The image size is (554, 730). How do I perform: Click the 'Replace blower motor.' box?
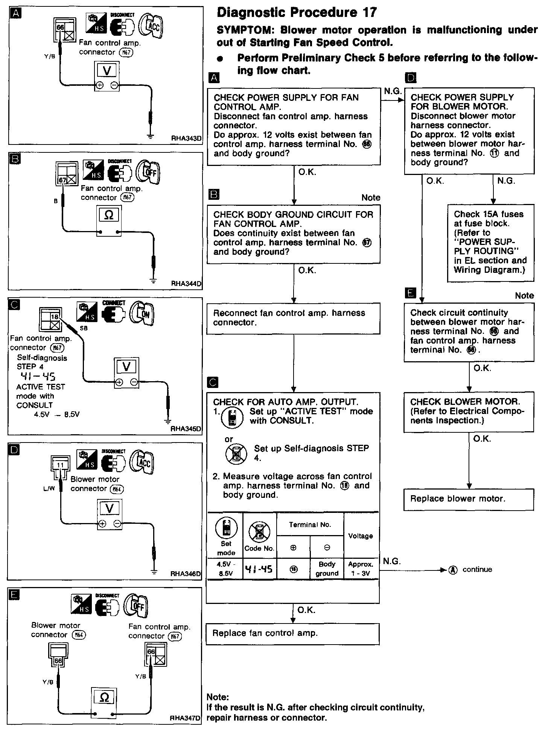469,499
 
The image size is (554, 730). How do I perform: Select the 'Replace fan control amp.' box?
292,634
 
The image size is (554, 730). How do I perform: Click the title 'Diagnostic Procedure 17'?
297,13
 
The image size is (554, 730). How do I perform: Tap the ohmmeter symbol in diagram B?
109,215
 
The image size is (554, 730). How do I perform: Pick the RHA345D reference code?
186,429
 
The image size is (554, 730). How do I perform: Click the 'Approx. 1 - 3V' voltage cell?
361,569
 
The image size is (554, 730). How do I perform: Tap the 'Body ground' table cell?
327,569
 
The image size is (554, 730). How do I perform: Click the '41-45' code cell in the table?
259,569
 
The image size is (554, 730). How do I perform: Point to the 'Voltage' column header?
361,536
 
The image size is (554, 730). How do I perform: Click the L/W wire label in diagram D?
49,489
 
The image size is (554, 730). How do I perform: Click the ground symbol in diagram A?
150,136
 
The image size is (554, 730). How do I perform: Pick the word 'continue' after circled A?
477,569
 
